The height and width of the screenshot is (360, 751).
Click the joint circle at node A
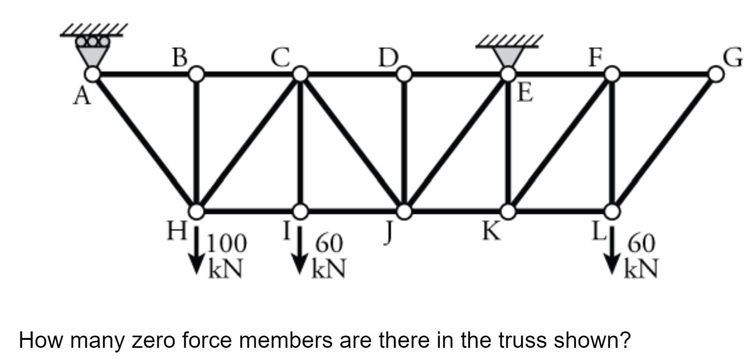(93, 74)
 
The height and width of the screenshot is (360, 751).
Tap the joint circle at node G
(715, 74)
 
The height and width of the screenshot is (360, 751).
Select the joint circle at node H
(197, 211)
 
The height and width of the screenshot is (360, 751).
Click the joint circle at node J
(405, 211)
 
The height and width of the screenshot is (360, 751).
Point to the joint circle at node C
(300, 74)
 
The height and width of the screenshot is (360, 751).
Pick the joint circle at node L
(612, 211)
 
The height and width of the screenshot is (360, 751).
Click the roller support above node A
(93, 47)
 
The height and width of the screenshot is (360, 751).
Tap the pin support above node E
(508, 54)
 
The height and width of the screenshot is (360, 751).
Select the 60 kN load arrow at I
(300, 251)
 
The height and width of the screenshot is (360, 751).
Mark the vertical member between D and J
(405, 143)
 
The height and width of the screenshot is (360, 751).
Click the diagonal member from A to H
(145, 142)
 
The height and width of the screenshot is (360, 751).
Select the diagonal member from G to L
(664, 142)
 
